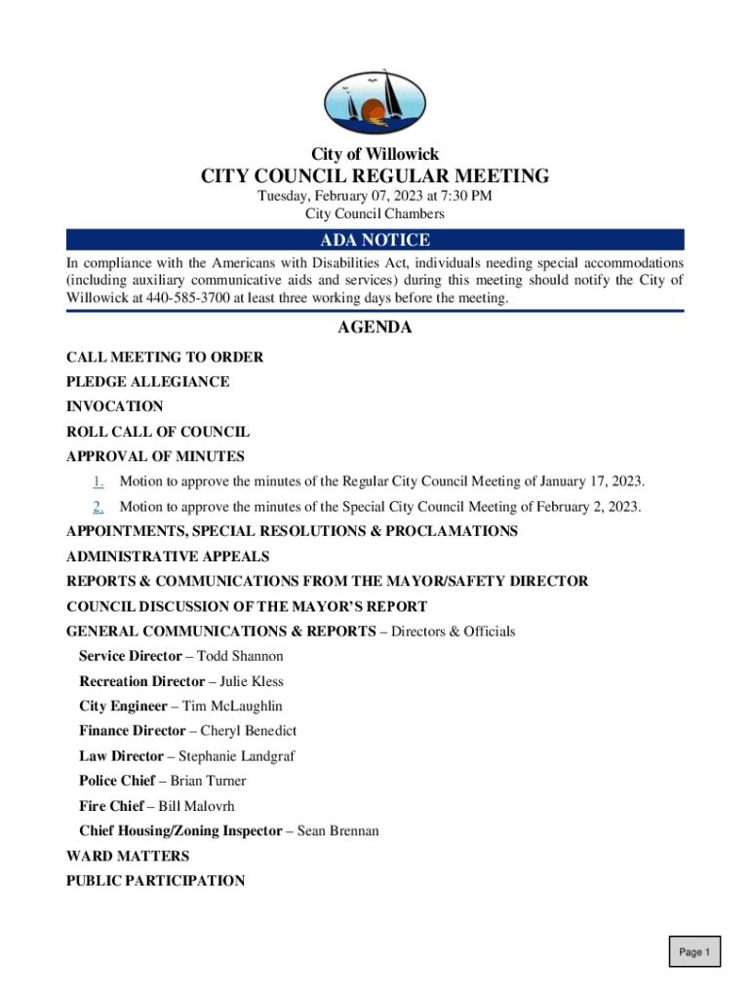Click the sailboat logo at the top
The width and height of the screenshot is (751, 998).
click(375, 101)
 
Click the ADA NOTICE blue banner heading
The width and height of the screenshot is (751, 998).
click(375, 241)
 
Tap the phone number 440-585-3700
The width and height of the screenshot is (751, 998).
click(188, 298)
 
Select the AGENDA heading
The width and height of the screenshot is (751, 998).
click(375, 328)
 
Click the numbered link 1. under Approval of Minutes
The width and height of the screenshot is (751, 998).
click(99, 481)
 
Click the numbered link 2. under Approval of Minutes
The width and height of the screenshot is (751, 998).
click(99, 507)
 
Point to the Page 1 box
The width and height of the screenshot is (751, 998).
click(694, 952)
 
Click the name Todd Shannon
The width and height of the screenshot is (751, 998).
click(240, 657)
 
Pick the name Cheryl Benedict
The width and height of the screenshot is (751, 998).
click(249, 731)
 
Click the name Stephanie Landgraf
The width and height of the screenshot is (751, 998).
click(236, 756)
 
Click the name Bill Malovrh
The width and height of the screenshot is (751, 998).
click(196, 806)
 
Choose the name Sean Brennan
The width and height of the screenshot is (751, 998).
click(338, 831)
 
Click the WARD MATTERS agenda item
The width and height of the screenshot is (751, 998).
click(128, 856)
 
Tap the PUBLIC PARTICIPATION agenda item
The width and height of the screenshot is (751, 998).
click(155, 881)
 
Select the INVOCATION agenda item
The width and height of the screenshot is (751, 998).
click(115, 406)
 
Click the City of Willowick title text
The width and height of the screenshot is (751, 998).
click(375, 154)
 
